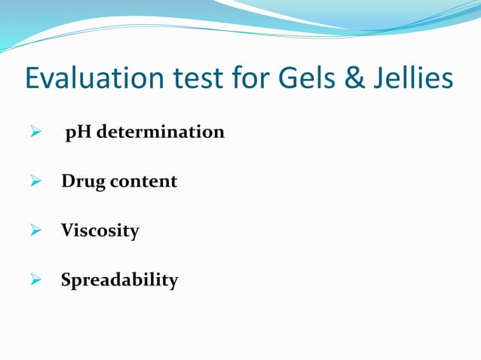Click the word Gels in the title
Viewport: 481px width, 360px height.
click(296, 79)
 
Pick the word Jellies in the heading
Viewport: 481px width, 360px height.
click(410, 79)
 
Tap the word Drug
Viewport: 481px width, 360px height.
click(82, 182)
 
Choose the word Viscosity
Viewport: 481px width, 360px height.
click(100, 231)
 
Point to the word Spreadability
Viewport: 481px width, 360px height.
click(119, 281)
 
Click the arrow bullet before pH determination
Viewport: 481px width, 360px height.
click(33, 133)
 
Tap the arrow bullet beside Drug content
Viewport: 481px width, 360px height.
click(33, 182)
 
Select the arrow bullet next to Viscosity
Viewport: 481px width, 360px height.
click(33, 231)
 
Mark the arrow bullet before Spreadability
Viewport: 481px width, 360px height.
click(33, 281)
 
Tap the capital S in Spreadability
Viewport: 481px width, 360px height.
click(66, 280)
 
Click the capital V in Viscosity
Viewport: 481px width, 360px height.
click(68, 230)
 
